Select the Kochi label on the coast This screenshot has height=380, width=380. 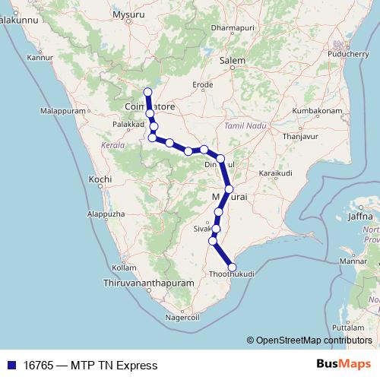(100, 179)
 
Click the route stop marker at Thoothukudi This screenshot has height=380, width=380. (232, 267)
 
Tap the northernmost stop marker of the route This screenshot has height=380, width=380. (147, 93)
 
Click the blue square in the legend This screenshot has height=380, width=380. (8, 366)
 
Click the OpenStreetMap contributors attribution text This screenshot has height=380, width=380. (313, 340)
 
